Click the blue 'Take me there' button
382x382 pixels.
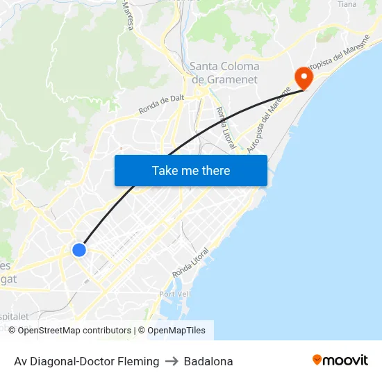pyautogui.click(x=190, y=170)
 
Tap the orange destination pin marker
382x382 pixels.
pyautogui.click(x=304, y=77)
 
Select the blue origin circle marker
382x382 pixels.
pyautogui.click(x=79, y=249)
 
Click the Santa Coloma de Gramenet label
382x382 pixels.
pyautogui.click(x=224, y=73)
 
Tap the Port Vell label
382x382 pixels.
pyautogui.click(x=174, y=294)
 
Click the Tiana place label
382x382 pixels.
pyautogui.click(x=347, y=4)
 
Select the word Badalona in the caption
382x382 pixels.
pyautogui.click(x=208, y=361)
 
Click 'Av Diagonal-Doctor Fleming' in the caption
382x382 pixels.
pyautogui.click(x=86, y=361)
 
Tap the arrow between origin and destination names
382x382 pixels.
pyautogui.click(x=172, y=361)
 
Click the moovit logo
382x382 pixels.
pyautogui.click(x=340, y=360)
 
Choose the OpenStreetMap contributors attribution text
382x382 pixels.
pyautogui.click(x=74, y=331)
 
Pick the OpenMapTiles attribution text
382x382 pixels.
pyautogui.click(x=176, y=331)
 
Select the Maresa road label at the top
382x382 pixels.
pyautogui.click(x=128, y=15)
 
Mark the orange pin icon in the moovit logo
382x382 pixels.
pyautogui.click(x=317, y=360)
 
